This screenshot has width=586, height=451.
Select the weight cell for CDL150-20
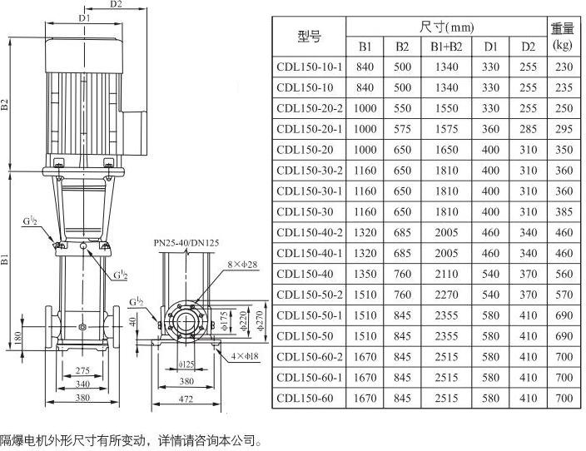[563, 150]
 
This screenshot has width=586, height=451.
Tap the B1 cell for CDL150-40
[365, 274]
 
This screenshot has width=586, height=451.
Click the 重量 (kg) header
[563, 36]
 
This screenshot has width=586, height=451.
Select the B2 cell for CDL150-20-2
[402, 108]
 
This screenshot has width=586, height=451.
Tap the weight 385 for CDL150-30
[563, 211]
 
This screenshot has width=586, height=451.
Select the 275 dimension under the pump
[82, 369]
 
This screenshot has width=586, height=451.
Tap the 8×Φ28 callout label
[219, 265]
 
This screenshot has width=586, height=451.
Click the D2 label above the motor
[116, 4]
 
